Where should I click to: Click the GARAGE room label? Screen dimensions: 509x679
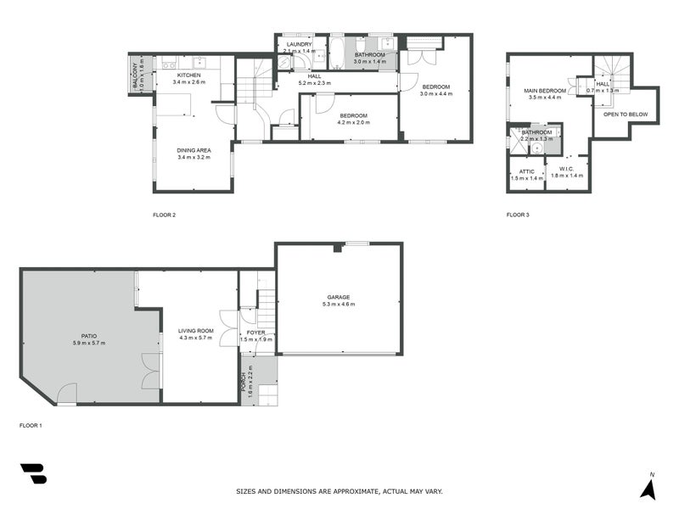tap(339, 297)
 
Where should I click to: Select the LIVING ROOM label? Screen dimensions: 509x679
tap(194, 331)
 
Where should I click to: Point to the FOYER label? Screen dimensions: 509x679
tap(255, 333)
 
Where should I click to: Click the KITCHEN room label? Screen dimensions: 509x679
tap(188, 75)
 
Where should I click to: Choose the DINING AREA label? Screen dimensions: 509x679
tap(194, 150)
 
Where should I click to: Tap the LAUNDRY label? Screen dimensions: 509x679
tap(299, 44)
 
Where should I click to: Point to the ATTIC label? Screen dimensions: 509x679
tap(526, 171)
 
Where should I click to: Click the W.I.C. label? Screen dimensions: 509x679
tap(568, 169)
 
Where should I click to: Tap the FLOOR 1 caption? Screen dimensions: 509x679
tap(31, 425)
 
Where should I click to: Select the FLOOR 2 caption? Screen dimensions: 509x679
tap(164, 215)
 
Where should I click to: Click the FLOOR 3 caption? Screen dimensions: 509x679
tap(518, 215)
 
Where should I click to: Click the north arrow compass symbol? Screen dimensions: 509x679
tap(649, 487)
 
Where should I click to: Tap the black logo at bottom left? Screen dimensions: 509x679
tap(33, 473)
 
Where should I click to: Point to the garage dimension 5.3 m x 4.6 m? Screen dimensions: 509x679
tap(339, 304)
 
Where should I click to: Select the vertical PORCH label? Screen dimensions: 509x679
tap(244, 383)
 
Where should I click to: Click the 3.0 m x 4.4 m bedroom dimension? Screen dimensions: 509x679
tap(435, 94)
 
